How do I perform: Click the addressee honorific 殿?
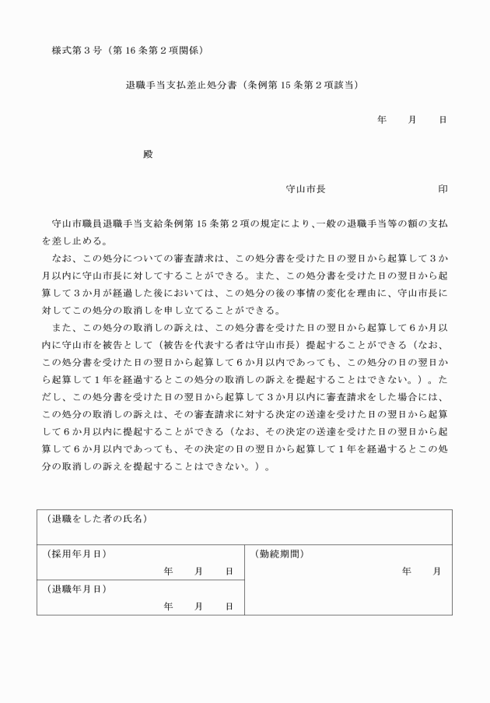pyautogui.click(x=148, y=154)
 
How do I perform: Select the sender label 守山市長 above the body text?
pyautogui.click(x=306, y=189)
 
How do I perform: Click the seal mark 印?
pyautogui.click(x=443, y=189)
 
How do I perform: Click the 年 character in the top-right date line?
pyautogui.click(x=381, y=120)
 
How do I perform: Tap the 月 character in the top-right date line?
pyautogui.click(x=412, y=120)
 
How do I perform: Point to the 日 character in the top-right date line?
pyautogui.click(x=443, y=120)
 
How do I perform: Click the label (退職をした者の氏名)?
pyautogui.click(x=96, y=519)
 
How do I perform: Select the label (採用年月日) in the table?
pyautogui.click(x=76, y=554)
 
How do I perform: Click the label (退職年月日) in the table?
pyautogui.click(x=76, y=589)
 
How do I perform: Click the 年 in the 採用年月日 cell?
pyautogui.click(x=168, y=571)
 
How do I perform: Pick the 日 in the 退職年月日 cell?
pyautogui.click(x=229, y=606)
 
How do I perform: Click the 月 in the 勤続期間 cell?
pyautogui.click(x=437, y=571)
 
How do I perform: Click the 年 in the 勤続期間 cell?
pyautogui.click(x=407, y=571)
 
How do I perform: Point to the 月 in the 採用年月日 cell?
pyautogui.click(x=199, y=571)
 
